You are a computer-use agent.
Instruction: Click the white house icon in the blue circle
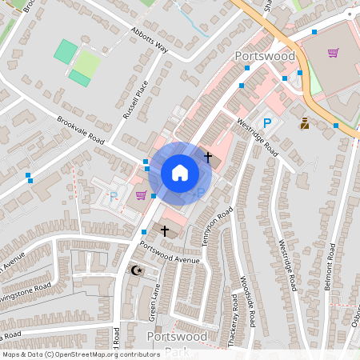(180, 173)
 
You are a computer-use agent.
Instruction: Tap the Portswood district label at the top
(266, 57)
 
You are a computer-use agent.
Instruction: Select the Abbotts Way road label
(150, 41)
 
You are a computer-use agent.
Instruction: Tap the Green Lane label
(156, 301)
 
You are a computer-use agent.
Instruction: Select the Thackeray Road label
(232, 315)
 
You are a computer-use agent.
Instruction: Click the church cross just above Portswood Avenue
(166, 230)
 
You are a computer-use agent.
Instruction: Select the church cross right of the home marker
(208, 157)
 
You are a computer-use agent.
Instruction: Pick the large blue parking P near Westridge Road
(268, 123)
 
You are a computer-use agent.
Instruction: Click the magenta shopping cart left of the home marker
(141, 195)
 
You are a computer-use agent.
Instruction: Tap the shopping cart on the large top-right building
(333, 53)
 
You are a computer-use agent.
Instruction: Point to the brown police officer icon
(305, 123)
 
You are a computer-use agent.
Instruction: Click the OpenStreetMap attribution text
(81, 354)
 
